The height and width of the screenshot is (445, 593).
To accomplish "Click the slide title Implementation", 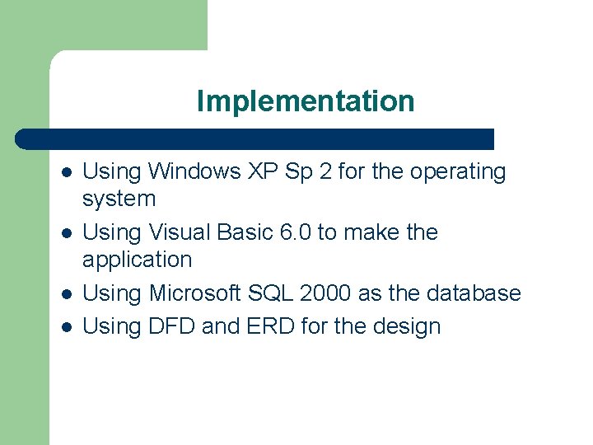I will coord(306,102).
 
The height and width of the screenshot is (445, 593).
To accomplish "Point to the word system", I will coord(119,199).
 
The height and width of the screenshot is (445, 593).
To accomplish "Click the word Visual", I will coord(180,232).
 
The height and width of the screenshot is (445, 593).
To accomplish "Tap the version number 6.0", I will coord(296,232).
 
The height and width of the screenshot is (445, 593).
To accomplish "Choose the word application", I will coord(137,260).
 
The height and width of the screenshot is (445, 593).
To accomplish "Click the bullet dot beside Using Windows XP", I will coord(66,173).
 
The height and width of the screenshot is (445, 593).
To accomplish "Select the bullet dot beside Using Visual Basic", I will coord(66,234).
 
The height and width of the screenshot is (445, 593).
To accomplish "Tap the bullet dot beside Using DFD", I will coord(66,328).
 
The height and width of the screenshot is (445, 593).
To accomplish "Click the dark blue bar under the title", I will coord(255,139).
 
